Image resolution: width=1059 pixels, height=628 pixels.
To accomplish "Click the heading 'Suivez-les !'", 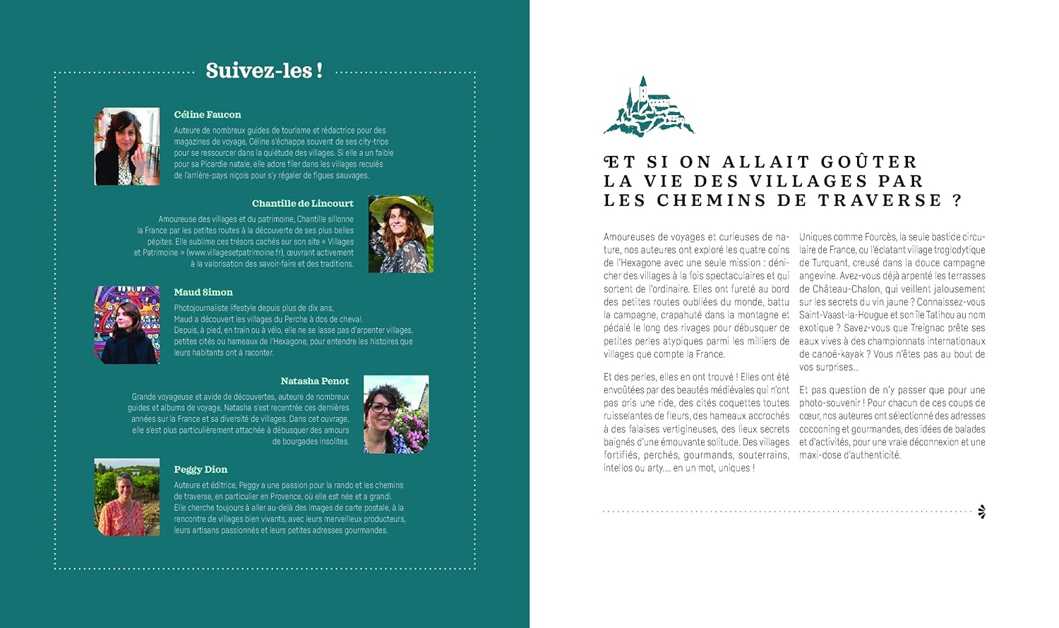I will [264, 71].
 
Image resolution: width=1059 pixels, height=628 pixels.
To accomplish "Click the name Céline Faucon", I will [208, 114].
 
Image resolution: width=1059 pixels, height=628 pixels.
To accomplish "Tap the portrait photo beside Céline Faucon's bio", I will [127, 147].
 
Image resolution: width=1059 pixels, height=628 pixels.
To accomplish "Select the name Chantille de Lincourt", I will [302, 203].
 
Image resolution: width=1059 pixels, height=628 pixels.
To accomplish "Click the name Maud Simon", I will [203, 292].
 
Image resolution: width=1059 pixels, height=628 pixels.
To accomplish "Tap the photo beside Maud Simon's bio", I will [127, 325].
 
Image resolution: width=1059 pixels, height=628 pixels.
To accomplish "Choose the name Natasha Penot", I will [315, 381].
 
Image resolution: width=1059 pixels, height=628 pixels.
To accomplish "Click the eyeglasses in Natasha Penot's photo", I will [383, 407].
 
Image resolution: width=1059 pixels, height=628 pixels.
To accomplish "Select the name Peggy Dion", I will [201, 469].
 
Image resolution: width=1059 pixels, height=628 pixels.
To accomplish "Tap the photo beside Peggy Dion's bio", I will [127, 497].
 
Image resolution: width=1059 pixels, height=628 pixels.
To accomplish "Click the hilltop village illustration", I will [648, 107].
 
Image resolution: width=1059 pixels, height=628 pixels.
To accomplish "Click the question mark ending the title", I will [957, 200].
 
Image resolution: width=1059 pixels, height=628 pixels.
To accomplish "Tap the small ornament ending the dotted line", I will [981, 512].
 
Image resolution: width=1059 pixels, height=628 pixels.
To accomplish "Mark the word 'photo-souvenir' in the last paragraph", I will [830, 403].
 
